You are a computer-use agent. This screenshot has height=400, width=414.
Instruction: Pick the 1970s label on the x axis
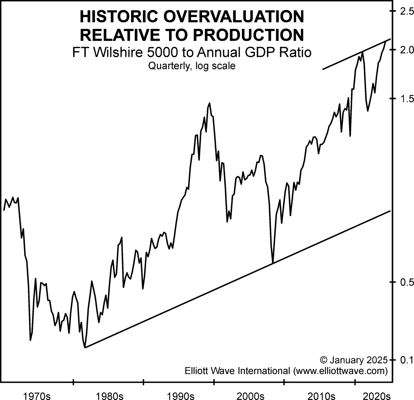click(x=38, y=395)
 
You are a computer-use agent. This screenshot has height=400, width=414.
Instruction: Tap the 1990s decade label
click(x=180, y=395)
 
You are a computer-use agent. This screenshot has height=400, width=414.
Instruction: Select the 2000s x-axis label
click(x=250, y=395)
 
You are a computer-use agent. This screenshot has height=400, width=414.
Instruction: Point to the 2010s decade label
click(x=321, y=395)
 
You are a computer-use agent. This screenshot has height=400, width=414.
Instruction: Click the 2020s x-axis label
click(x=376, y=395)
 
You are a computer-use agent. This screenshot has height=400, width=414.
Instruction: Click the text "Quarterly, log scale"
click(x=192, y=66)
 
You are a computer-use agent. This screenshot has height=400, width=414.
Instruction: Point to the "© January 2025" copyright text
click(x=354, y=360)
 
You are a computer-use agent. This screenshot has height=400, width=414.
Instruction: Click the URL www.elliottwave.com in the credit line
click(x=340, y=370)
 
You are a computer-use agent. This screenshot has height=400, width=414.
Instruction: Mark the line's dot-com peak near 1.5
click(x=209, y=103)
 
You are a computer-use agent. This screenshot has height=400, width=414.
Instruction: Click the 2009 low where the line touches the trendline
click(x=273, y=263)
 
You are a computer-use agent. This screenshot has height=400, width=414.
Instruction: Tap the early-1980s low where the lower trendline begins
click(x=85, y=347)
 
